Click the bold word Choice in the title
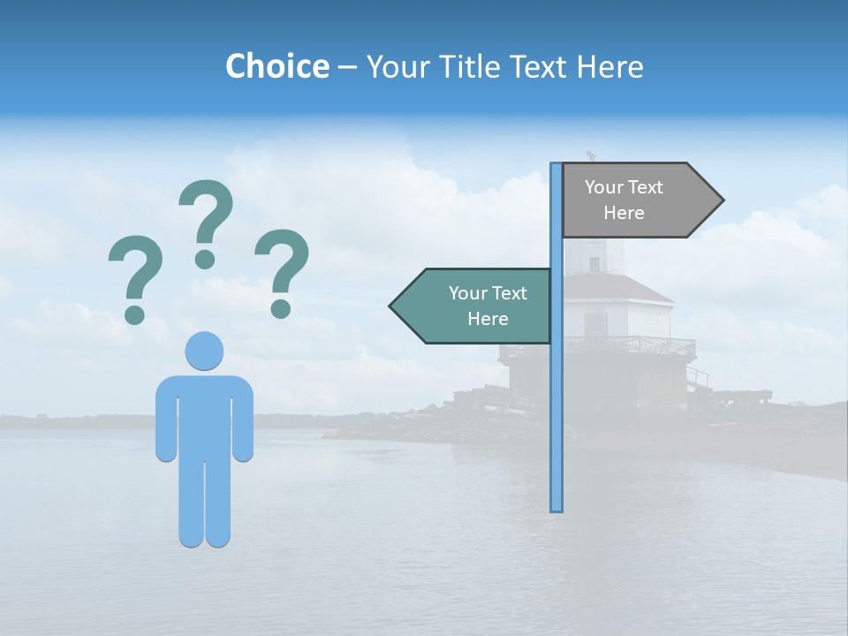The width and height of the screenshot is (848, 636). click(x=276, y=66)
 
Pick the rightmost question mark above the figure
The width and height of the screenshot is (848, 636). click(x=282, y=269)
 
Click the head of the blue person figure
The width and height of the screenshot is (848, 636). click(x=204, y=351)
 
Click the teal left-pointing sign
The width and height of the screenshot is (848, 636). click(x=481, y=306)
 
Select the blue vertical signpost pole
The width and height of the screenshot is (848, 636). click(x=556, y=397)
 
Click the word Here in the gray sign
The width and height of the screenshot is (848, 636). click(x=624, y=213)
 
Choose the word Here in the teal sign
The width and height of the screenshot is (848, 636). click(x=488, y=319)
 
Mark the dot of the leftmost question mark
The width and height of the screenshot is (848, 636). click(x=134, y=314)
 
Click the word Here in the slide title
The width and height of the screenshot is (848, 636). click(x=609, y=66)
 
